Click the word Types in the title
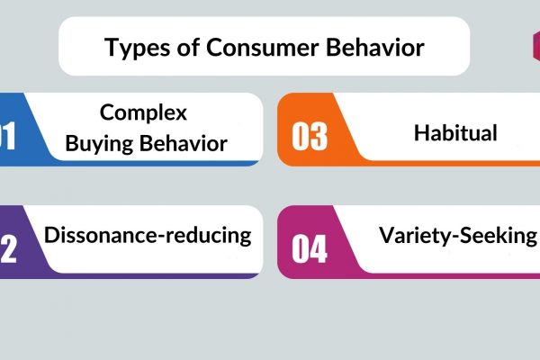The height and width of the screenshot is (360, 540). click(137, 49)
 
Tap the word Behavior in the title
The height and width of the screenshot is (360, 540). click(375, 47)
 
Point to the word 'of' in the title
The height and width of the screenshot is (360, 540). click(188, 47)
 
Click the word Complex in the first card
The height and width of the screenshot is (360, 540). click(143, 113)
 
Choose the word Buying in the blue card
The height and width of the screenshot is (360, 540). click(99, 144)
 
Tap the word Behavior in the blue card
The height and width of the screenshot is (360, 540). click(184, 143)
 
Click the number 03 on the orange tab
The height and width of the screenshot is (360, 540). click(310, 137)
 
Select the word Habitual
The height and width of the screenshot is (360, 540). click(455, 133)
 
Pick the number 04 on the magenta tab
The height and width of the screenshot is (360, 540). click(309, 248)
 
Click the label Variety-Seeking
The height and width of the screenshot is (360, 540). click(458, 236)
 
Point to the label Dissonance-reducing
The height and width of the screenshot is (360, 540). click(148, 236)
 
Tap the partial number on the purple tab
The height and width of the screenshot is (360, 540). click(8, 248)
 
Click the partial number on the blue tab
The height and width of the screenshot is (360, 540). click(7, 137)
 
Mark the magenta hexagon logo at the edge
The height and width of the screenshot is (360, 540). click(536, 47)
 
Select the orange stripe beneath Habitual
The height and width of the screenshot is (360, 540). click(451, 163)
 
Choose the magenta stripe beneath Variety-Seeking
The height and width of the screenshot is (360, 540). click(451, 276)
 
